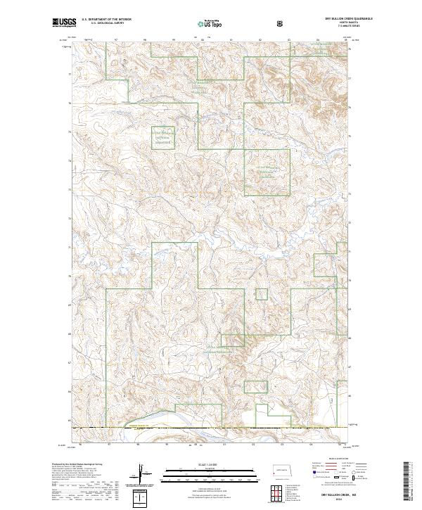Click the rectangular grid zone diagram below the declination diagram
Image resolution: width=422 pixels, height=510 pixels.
[143, 497]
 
